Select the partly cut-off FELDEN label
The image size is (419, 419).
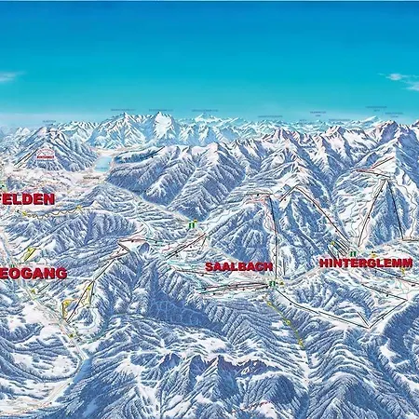[28, 198]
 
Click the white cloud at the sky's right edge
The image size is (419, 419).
[402, 79]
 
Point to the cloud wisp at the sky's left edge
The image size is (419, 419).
[9, 76]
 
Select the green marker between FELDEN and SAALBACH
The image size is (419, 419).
[191, 224]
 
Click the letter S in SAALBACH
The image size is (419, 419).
[209, 266]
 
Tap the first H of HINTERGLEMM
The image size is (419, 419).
[323, 264]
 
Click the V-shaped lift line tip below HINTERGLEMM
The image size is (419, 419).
[370, 326]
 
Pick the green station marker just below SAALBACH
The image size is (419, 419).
[271, 283]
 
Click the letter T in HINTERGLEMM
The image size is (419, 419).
[343, 264]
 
